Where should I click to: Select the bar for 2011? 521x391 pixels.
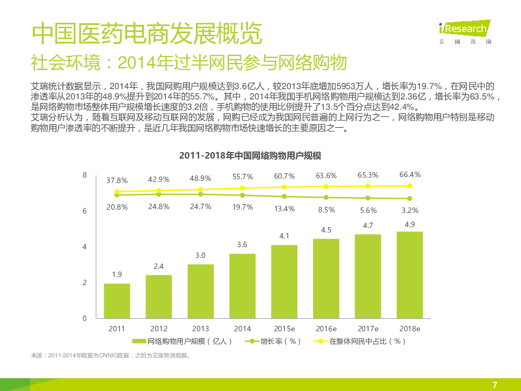click(117, 301)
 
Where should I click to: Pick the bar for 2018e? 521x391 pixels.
click(410, 275)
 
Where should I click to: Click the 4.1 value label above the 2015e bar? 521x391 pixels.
click(284, 236)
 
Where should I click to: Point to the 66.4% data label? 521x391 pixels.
click(410, 174)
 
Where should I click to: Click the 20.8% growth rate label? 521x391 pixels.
click(117, 207)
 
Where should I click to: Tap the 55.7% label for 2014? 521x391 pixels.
click(243, 176)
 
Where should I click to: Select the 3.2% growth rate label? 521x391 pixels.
click(410, 210)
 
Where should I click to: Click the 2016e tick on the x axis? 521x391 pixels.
click(326, 329)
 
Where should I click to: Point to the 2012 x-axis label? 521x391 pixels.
click(158, 329)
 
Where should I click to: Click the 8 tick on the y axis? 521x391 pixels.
click(84, 175)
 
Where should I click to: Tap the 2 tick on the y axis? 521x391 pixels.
click(84, 282)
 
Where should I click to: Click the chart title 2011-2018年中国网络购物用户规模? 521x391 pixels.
click(250, 156)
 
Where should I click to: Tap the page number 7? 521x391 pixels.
click(494, 384)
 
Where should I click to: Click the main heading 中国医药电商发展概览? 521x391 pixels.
click(147, 34)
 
